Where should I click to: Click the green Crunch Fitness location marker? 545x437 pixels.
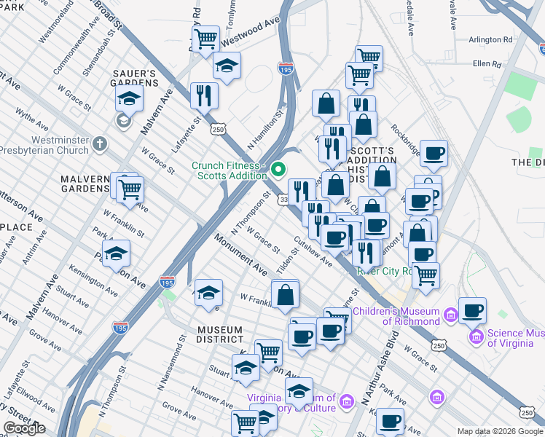(x=278, y=170)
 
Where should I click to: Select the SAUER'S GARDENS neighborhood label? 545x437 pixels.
(x=134, y=78)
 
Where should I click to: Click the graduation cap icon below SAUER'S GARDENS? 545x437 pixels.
(x=130, y=98)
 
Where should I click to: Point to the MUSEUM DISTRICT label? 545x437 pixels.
(x=220, y=335)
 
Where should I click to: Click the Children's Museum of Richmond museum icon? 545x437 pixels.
(x=450, y=315)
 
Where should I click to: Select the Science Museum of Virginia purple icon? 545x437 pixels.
(x=477, y=336)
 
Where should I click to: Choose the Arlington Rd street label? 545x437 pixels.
(x=492, y=40)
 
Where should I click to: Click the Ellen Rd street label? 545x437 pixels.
(x=487, y=64)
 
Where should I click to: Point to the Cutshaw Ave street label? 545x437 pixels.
(x=313, y=251)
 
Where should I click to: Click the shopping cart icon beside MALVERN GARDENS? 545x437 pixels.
(x=130, y=189)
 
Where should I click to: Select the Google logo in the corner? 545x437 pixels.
(x=24, y=428)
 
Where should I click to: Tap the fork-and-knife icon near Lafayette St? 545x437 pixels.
(x=204, y=95)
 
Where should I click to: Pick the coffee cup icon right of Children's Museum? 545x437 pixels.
(x=472, y=310)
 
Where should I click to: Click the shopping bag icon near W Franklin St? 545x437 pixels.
(x=286, y=295)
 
